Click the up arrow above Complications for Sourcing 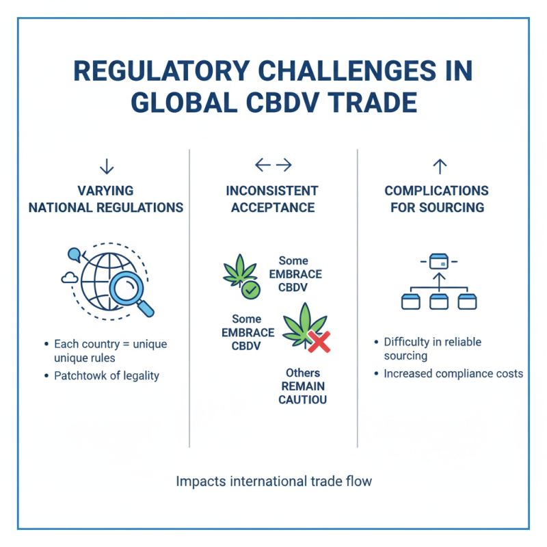[440, 165]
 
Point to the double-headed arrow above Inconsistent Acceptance [273, 165]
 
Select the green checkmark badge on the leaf [251, 290]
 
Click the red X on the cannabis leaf [319, 341]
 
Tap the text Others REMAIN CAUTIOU [302, 386]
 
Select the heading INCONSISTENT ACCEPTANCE [272, 198]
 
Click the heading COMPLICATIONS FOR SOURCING [436, 198]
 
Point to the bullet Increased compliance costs [453, 374]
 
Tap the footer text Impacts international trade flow [273, 481]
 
